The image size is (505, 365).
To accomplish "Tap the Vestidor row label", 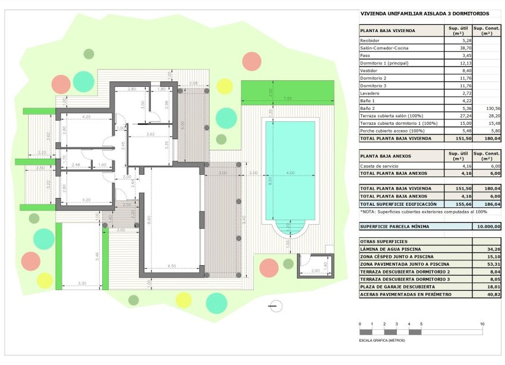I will (369, 70).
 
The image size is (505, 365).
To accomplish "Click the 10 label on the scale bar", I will (482, 324).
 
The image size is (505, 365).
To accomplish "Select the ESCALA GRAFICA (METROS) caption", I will (382, 341).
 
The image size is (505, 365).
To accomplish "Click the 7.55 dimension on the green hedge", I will (288, 98).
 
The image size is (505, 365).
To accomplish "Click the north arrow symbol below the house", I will (274, 306).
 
